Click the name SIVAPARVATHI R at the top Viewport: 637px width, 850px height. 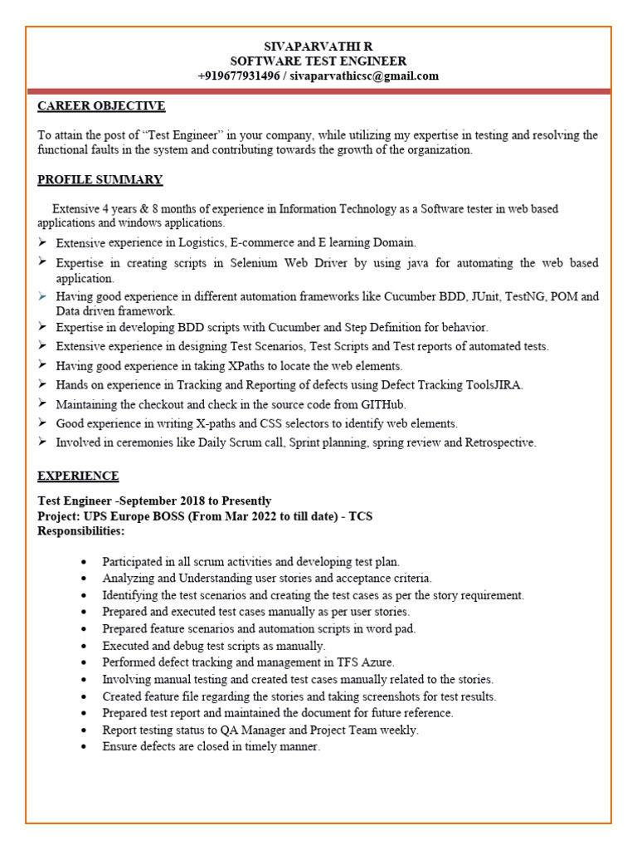tap(318, 46)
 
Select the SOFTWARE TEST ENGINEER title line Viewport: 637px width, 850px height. tap(318, 61)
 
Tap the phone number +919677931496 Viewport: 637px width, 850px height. tap(239, 76)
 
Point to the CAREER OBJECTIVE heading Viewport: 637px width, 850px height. tap(101, 106)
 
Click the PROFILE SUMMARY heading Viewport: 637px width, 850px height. tap(100, 180)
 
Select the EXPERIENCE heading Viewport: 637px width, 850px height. tap(78, 476)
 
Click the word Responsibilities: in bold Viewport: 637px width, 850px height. tap(81, 531)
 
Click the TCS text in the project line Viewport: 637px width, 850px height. tap(361, 516)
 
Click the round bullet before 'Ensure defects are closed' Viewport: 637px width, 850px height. tap(85, 747)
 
